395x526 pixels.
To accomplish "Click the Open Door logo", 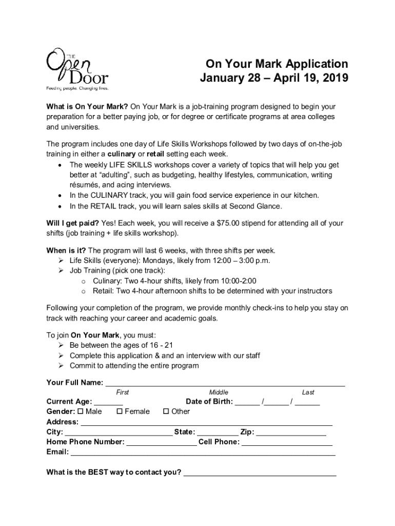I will pos(77,70).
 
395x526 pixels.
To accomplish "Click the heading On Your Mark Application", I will pos(276,64).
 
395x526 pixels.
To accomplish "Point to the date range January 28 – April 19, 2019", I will pos(274,79).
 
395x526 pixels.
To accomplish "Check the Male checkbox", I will pos(81,411).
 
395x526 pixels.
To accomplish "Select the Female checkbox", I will pos(120,411).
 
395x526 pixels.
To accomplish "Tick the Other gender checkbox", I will pos(166,411).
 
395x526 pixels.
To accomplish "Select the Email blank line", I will pos(203,453).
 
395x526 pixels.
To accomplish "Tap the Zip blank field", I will pos(291,433).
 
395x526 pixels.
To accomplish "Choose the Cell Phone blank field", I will pos(287,442).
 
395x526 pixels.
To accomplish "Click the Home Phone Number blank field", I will pos(161,442).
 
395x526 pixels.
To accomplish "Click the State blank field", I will pos(218,433).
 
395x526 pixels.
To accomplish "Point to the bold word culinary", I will pos(121,154).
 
